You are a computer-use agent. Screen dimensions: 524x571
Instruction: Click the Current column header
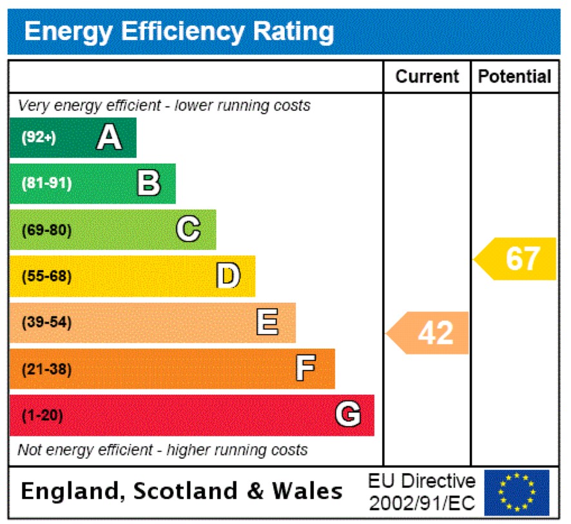tap(427, 77)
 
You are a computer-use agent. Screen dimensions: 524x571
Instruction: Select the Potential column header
tap(514, 77)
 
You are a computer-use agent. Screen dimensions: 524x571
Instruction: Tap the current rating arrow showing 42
tap(429, 333)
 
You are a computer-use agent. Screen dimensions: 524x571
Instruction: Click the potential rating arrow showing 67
tap(516, 258)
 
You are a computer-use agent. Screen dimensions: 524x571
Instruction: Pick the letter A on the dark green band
tap(109, 137)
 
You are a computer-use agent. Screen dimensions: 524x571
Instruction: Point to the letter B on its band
tap(148, 183)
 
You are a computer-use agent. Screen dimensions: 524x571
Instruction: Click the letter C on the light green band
tap(188, 229)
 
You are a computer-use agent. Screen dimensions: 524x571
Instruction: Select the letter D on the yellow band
tap(227, 276)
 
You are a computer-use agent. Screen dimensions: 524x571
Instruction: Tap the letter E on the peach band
tap(267, 322)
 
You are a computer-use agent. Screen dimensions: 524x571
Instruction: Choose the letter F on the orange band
tap(305, 369)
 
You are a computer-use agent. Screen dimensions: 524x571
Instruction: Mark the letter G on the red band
tap(347, 414)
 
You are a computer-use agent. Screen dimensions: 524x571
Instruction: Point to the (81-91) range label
tap(46, 183)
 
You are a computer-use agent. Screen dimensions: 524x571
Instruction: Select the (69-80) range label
tap(46, 229)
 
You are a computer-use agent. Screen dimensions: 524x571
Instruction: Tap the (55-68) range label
tap(46, 276)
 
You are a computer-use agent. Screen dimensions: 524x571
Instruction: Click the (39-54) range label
tap(46, 322)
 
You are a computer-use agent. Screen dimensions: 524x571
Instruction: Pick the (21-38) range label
tap(46, 369)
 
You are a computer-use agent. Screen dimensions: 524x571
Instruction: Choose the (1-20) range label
tap(43, 416)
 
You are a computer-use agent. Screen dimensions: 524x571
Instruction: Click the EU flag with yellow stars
tap(517, 492)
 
